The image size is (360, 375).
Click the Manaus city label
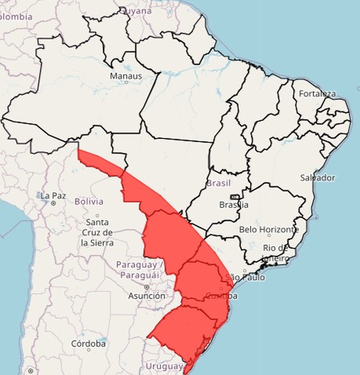pyautogui.click(x=126, y=76)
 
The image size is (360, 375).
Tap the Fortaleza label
pyautogui.click(x=317, y=94)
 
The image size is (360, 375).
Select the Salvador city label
pyautogui.click(x=317, y=178)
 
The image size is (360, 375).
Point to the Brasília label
pyautogui.click(x=234, y=205)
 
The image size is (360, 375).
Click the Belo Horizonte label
pyautogui.click(x=269, y=230)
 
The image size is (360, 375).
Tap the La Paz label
pyautogui.click(x=53, y=196)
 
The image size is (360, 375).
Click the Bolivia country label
pyautogui.click(x=89, y=202)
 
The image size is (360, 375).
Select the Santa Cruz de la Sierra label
pyautogui.click(x=97, y=232)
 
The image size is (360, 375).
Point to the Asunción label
pyautogui.click(x=146, y=296)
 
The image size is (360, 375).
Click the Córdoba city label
pyautogui.click(x=89, y=344)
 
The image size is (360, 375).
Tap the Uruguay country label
pyautogui.click(x=164, y=366)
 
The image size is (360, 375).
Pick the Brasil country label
pyautogui.click(x=218, y=183)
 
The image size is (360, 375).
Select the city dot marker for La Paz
pyautogui.click(x=53, y=203)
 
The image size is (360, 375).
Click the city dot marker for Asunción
pyautogui.click(x=147, y=287)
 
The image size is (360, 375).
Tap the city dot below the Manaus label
pyautogui.click(x=126, y=82)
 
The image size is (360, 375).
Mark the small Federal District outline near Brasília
pyautogui.click(x=235, y=197)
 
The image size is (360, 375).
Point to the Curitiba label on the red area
pyautogui.click(x=222, y=296)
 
